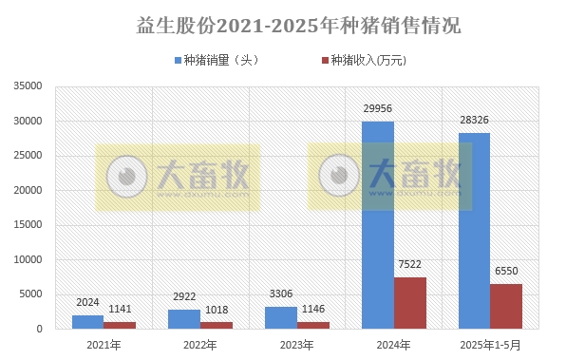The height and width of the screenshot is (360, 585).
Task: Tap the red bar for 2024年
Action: coord(410,303)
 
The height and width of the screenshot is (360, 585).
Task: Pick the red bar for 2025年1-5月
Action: coord(506,306)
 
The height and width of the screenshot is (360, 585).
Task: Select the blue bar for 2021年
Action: coord(87,322)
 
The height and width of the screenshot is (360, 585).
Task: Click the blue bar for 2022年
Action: coord(184,319)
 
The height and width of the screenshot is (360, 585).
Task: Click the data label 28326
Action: coord(475,121)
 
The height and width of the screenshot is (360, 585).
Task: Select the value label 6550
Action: coord(507,272)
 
